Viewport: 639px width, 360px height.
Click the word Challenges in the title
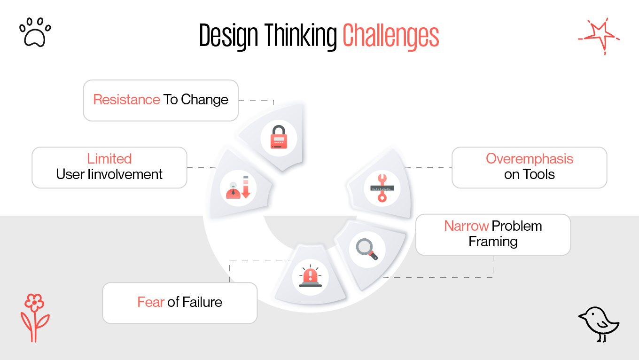point(390,36)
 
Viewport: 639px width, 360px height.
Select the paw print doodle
point(35,32)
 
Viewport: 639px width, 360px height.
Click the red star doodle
point(599,35)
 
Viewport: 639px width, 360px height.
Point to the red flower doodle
point(35,318)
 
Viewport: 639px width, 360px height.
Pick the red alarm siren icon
point(310,277)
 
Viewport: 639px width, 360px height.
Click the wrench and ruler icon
point(382,188)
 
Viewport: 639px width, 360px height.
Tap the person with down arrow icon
point(238,188)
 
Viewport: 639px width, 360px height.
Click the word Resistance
point(126,100)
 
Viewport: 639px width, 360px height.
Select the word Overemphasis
point(530,159)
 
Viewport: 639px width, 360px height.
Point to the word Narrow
point(467,226)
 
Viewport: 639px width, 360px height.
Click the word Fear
point(150,302)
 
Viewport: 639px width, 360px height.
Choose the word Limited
point(109,159)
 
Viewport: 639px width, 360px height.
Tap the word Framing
point(493,242)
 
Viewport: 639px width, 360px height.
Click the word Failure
point(202,302)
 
